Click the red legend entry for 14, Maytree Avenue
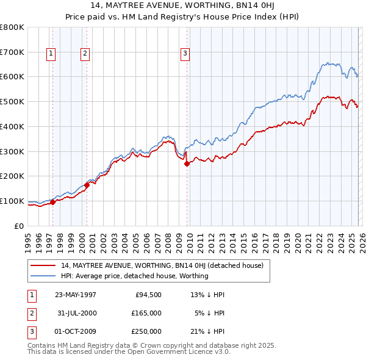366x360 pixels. point(162,265)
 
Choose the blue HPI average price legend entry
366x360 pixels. point(134,276)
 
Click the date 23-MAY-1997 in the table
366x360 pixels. point(76,295)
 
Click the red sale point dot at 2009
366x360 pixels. point(187,164)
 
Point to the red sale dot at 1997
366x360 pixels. point(53,202)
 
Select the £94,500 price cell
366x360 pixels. point(147,295)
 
